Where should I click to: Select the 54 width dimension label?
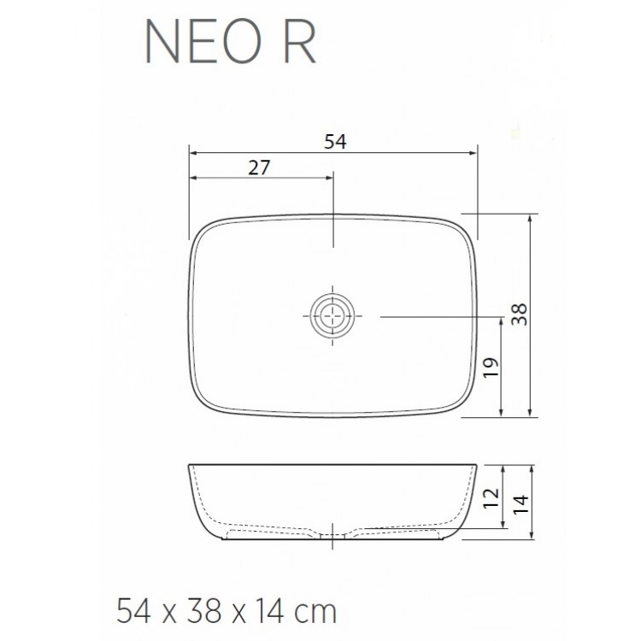(x=334, y=142)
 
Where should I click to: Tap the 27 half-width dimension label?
(x=259, y=168)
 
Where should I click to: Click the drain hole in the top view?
(x=332, y=317)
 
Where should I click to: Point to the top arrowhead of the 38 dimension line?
(x=532, y=218)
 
